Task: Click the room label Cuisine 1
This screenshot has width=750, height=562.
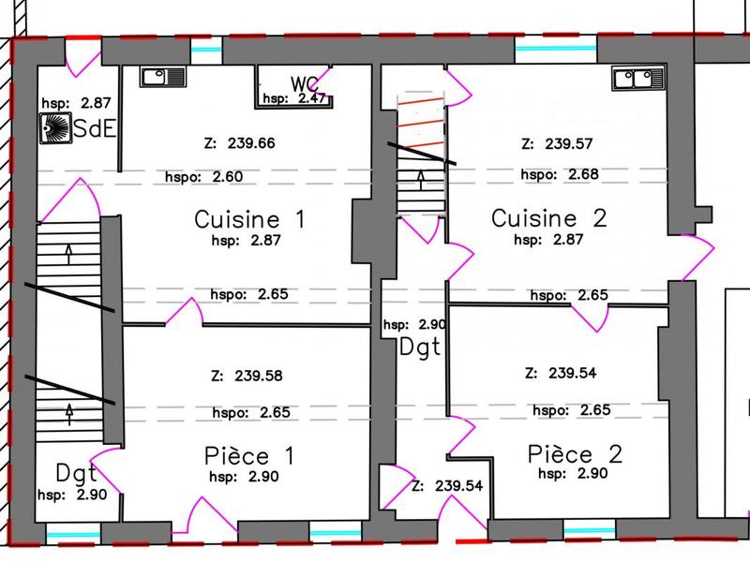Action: (249, 219)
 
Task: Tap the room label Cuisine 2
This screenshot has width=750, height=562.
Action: (549, 218)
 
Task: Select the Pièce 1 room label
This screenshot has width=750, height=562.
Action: (249, 456)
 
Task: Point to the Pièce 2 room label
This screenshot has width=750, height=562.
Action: (575, 454)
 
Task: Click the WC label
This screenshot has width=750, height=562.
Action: (305, 81)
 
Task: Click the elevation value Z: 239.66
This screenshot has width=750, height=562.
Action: (238, 144)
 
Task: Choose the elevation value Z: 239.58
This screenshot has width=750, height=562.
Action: (247, 376)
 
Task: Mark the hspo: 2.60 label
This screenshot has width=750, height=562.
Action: (203, 176)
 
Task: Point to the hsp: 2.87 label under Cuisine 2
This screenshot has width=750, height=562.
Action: (550, 240)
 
